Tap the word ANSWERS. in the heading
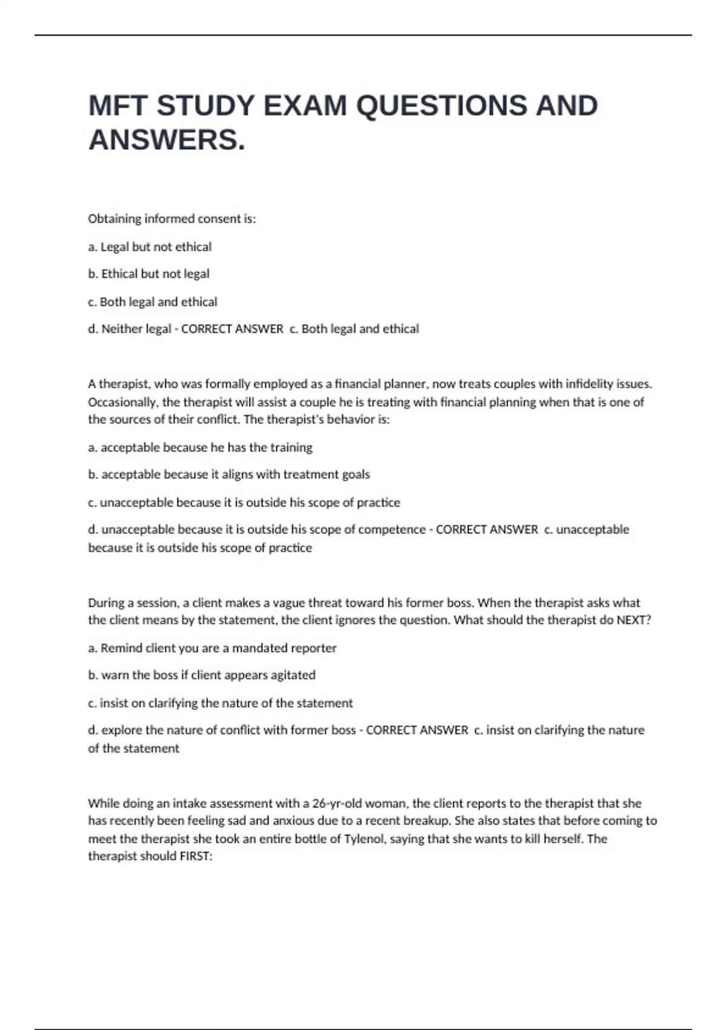pos(167,141)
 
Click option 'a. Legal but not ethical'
pos(150,247)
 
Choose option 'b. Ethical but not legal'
pos(148,274)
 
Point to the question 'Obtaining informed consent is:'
pos(172,219)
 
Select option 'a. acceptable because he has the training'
pos(200,448)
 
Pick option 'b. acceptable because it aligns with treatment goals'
pos(228,474)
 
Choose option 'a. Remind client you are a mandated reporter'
pos(212,648)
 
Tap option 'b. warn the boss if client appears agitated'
pos(202,675)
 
